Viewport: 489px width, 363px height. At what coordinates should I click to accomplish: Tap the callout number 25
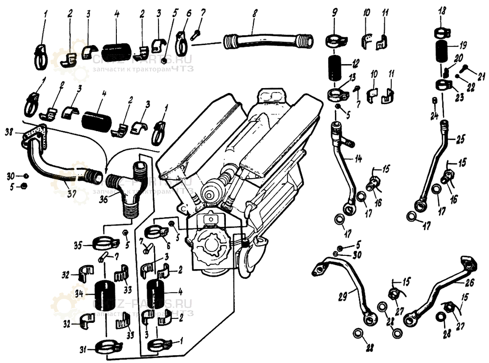[x=461, y=140]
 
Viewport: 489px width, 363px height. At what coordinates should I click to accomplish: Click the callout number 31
[x=84, y=349]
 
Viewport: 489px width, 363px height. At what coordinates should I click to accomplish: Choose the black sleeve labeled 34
[x=104, y=296]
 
